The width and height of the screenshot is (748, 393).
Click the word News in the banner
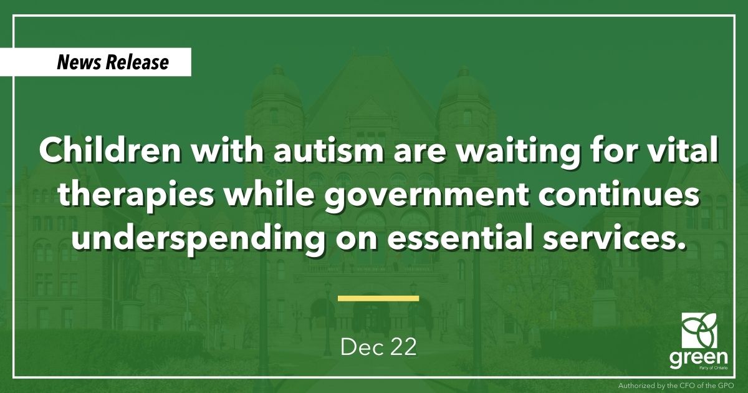[79, 62]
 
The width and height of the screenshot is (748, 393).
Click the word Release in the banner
[137, 62]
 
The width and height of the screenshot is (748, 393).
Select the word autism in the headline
[329, 150]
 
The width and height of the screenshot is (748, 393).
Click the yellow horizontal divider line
[378, 298]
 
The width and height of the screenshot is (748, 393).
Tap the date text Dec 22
[379, 347]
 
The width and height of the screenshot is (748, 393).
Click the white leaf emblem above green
[699, 330]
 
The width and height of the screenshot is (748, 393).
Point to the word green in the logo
[699, 358]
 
